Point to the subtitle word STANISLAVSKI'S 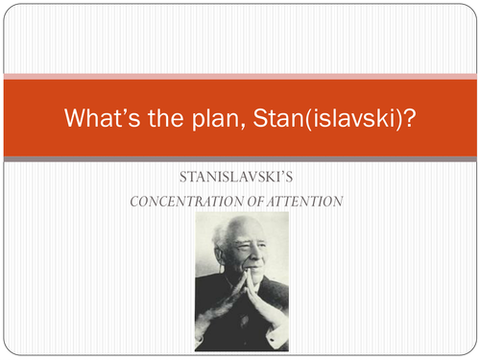coord(240,180)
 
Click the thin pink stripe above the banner coord(240,75)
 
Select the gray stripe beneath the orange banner coord(240,158)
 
